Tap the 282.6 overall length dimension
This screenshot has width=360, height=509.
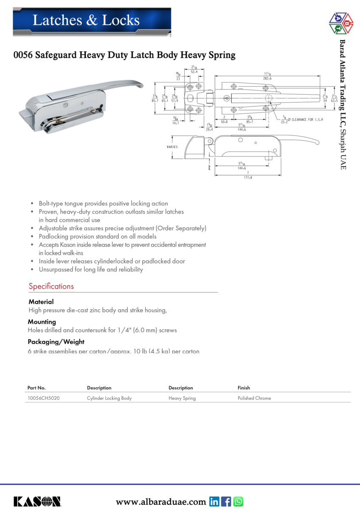267,79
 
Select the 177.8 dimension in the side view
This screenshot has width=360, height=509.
248,178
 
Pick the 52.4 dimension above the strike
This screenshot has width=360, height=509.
194,72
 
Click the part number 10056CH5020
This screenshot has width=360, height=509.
43,398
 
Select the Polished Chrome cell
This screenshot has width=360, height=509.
254,398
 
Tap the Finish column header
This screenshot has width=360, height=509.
244,388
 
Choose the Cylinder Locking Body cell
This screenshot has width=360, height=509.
109,398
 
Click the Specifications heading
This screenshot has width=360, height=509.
51,286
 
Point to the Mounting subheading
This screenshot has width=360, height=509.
42,322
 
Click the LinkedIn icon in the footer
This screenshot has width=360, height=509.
214,502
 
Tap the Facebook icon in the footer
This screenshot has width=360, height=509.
226,502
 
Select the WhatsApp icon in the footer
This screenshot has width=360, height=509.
238,502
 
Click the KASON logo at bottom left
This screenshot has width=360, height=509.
37,502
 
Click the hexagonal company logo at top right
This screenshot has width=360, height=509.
341,23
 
